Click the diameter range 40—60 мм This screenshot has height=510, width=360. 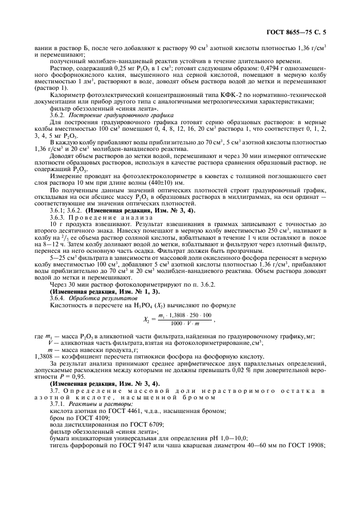[x=255, y=452]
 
